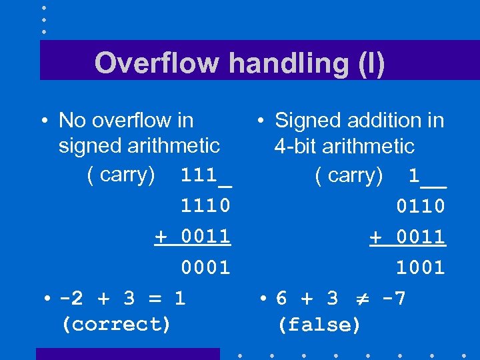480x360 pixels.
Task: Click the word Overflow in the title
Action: click(x=157, y=63)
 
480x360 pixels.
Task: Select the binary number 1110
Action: click(x=206, y=206)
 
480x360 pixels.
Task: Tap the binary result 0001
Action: click(x=206, y=267)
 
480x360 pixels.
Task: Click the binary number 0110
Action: click(x=421, y=206)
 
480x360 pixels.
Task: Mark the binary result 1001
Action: click(x=421, y=267)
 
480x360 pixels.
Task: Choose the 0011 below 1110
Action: click(x=206, y=237)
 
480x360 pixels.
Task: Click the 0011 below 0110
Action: click(x=421, y=237)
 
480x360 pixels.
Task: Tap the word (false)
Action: click(x=319, y=325)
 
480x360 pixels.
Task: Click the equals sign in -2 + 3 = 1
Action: click(x=153, y=298)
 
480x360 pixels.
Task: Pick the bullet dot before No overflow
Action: click(x=43, y=121)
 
